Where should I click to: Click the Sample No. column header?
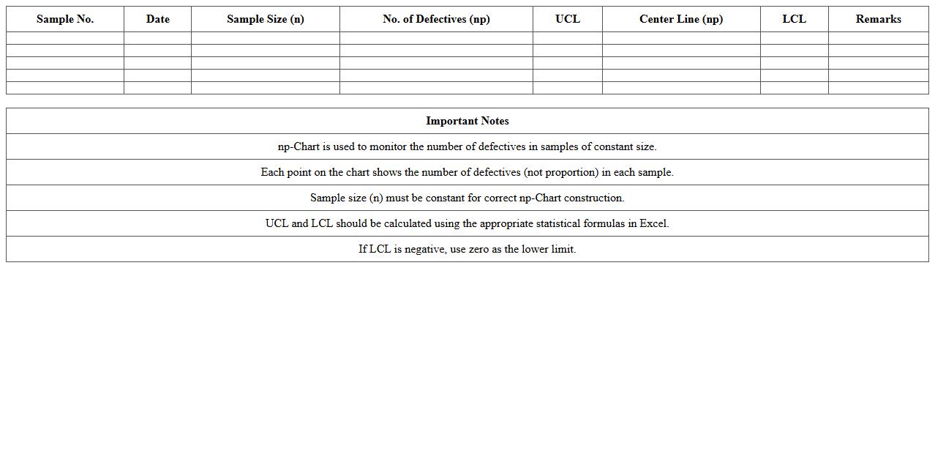point(65,19)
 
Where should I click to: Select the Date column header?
point(157,19)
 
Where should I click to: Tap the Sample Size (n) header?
point(265,19)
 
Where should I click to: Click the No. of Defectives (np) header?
point(436,19)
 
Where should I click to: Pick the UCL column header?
point(567,19)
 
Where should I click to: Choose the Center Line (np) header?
point(680,19)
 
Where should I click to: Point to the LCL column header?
point(794,19)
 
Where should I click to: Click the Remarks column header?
point(878,19)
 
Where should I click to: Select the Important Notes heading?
point(467,121)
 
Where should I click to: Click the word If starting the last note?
point(362,249)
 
